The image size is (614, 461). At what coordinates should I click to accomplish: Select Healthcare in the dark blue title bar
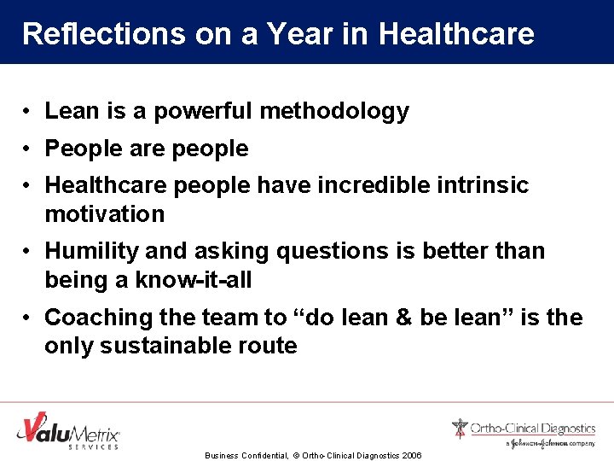click(x=456, y=33)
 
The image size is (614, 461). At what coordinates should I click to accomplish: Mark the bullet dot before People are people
click(x=28, y=149)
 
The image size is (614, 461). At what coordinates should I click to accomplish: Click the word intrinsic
click(x=488, y=185)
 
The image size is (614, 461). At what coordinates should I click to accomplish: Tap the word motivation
click(x=104, y=214)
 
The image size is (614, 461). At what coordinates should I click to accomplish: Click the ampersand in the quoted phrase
click(x=399, y=318)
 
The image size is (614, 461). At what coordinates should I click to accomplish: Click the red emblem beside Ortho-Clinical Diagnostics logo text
click(x=460, y=428)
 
